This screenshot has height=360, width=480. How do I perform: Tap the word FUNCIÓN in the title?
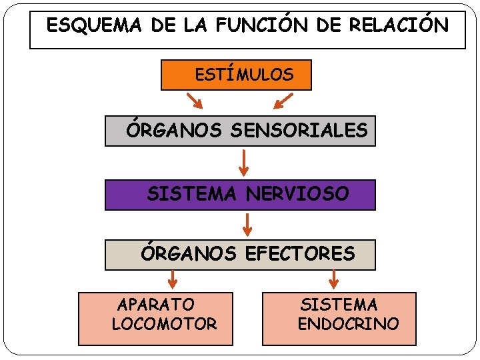(x=259, y=26)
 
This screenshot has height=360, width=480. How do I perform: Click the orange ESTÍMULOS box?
(x=236, y=75)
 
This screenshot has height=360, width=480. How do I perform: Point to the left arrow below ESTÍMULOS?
(x=195, y=101)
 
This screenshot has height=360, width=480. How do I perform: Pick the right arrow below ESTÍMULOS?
(x=283, y=101)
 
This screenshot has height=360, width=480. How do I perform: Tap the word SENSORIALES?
(x=299, y=131)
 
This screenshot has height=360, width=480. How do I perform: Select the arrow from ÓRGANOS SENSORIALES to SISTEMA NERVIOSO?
(x=244, y=162)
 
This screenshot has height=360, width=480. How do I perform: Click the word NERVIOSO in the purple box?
(x=297, y=194)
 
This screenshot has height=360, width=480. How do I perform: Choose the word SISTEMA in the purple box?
(x=192, y=194)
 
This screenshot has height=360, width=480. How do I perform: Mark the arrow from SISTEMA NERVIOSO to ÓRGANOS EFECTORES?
(x=247, y=224)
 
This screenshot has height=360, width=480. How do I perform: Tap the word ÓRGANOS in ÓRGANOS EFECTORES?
(x=189, y=253)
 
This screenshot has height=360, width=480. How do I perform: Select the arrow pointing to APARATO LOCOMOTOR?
(x=173, y=279)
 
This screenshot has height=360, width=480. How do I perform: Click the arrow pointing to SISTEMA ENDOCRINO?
(x=334, y=279)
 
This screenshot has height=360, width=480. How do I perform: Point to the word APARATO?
(x=157, y=305)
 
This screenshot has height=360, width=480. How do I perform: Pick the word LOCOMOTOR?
(x=165, y=325)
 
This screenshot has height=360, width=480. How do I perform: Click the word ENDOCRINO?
(x=349, y=325)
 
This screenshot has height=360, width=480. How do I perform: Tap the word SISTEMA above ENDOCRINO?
(x=339, y=305)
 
